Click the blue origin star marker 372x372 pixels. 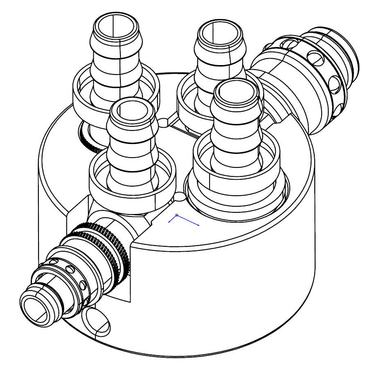tap(177, 215)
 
